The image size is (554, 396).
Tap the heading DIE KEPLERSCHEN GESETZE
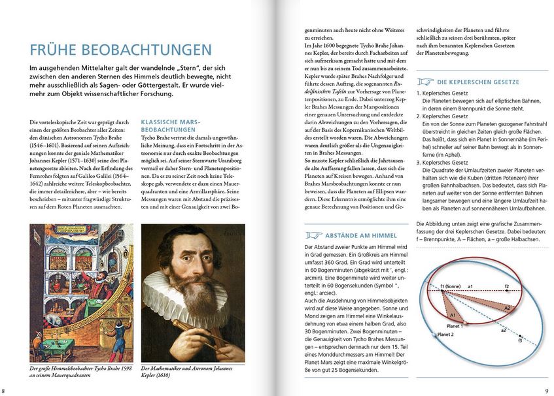[x=478, y=82]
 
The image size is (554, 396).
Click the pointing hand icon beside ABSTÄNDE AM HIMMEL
[x=315, y=235]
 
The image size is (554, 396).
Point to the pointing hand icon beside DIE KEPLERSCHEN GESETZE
[x=426, y=82]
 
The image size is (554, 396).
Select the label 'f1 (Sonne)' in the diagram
[x=451, y=286]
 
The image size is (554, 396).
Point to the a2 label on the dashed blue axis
[x=503, y=329]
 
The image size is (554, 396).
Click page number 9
[x=547, y=390]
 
